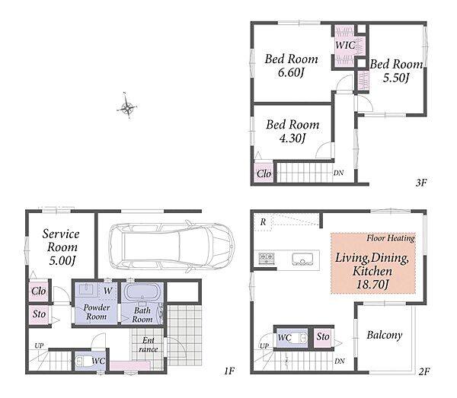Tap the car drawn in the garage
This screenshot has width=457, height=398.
[171, 247]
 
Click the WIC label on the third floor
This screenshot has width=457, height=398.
[345, 45]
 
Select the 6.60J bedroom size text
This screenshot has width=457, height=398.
[291, 72]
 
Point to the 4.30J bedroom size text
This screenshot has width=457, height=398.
[292, 138]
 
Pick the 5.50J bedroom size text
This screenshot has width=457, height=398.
[396, 78]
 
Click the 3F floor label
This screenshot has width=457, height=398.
[421, 183]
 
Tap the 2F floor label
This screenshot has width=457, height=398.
[424, 371]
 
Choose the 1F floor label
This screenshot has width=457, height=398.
[229, 371]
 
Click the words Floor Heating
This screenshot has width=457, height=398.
[391, 238]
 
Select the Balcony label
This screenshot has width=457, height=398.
[385, 335]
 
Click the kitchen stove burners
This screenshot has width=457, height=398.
[267, 258]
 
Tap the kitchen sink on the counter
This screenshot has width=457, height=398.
[303, 259]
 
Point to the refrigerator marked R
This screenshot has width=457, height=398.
[263, 222]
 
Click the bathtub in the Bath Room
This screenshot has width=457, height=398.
[142, 291]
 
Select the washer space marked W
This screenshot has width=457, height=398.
[108, 291]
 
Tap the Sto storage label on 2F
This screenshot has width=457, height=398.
[323, 337]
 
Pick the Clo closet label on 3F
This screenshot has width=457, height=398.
[264, 174]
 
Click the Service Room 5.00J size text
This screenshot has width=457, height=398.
[62, 260]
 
